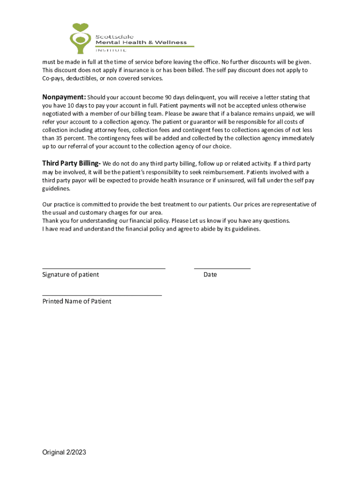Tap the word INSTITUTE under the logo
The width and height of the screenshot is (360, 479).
[x=111, y=50]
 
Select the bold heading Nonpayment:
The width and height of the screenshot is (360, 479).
[x=64, y=97]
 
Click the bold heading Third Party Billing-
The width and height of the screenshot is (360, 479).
[x=71, y=163]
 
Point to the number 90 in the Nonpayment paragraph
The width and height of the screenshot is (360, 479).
[x=170, y=97]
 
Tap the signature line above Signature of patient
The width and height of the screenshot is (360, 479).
[x=104, y=269]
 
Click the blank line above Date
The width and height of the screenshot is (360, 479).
[x=222, y=269]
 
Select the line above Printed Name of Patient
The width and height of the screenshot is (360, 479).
[x=102, y=295]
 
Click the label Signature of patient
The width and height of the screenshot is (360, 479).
[x=71, y=275]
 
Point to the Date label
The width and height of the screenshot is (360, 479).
[x=210, y=275]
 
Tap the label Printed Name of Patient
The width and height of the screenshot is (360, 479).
[x=77, y=301]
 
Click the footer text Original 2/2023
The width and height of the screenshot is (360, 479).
[x=64, y=452]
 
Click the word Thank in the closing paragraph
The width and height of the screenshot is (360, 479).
[x=50, y=221]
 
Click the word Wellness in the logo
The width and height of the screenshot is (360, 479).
[x=171, y=43]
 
